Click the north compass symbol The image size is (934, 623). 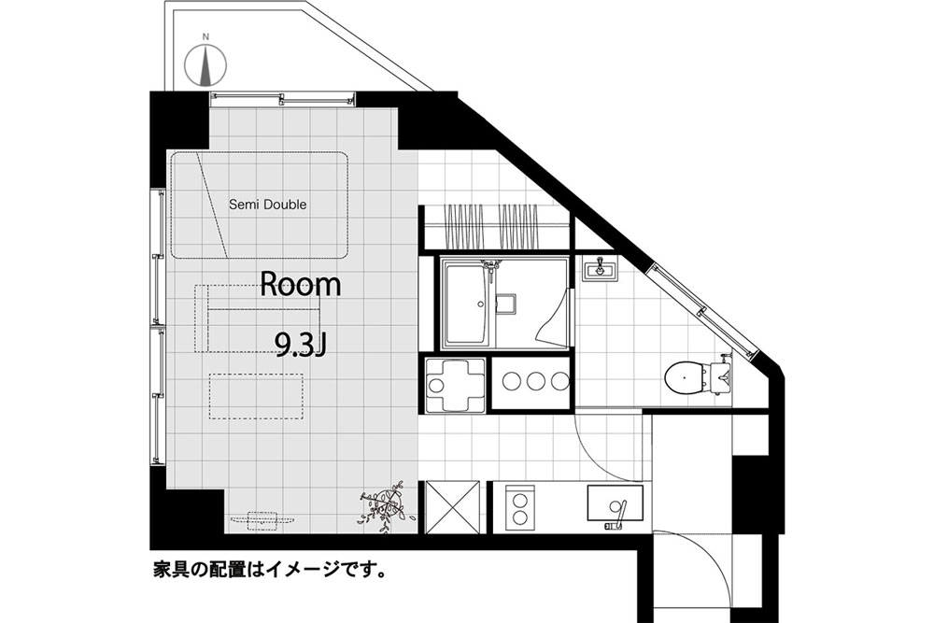click(x=205, y=64)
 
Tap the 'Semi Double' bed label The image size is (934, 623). click(x=268, y=205)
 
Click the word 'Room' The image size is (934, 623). click(x=301, y=285)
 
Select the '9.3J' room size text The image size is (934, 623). click(x=300, y=345)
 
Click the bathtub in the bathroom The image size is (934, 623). click(x=474, y=304)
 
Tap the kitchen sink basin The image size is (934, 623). click(x=616, y=503)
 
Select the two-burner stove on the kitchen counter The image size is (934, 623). click(x=520, y=507)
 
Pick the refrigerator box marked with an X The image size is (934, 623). click(x=453, y=507)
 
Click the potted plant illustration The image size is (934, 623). click(x=384, y=507)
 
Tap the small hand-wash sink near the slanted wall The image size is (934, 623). click(x=601, y=269)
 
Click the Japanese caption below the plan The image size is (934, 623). click(x=269, y=570)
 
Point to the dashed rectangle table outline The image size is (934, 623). click(x=256, y=396)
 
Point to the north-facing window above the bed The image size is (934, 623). click(x=282, y=99)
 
